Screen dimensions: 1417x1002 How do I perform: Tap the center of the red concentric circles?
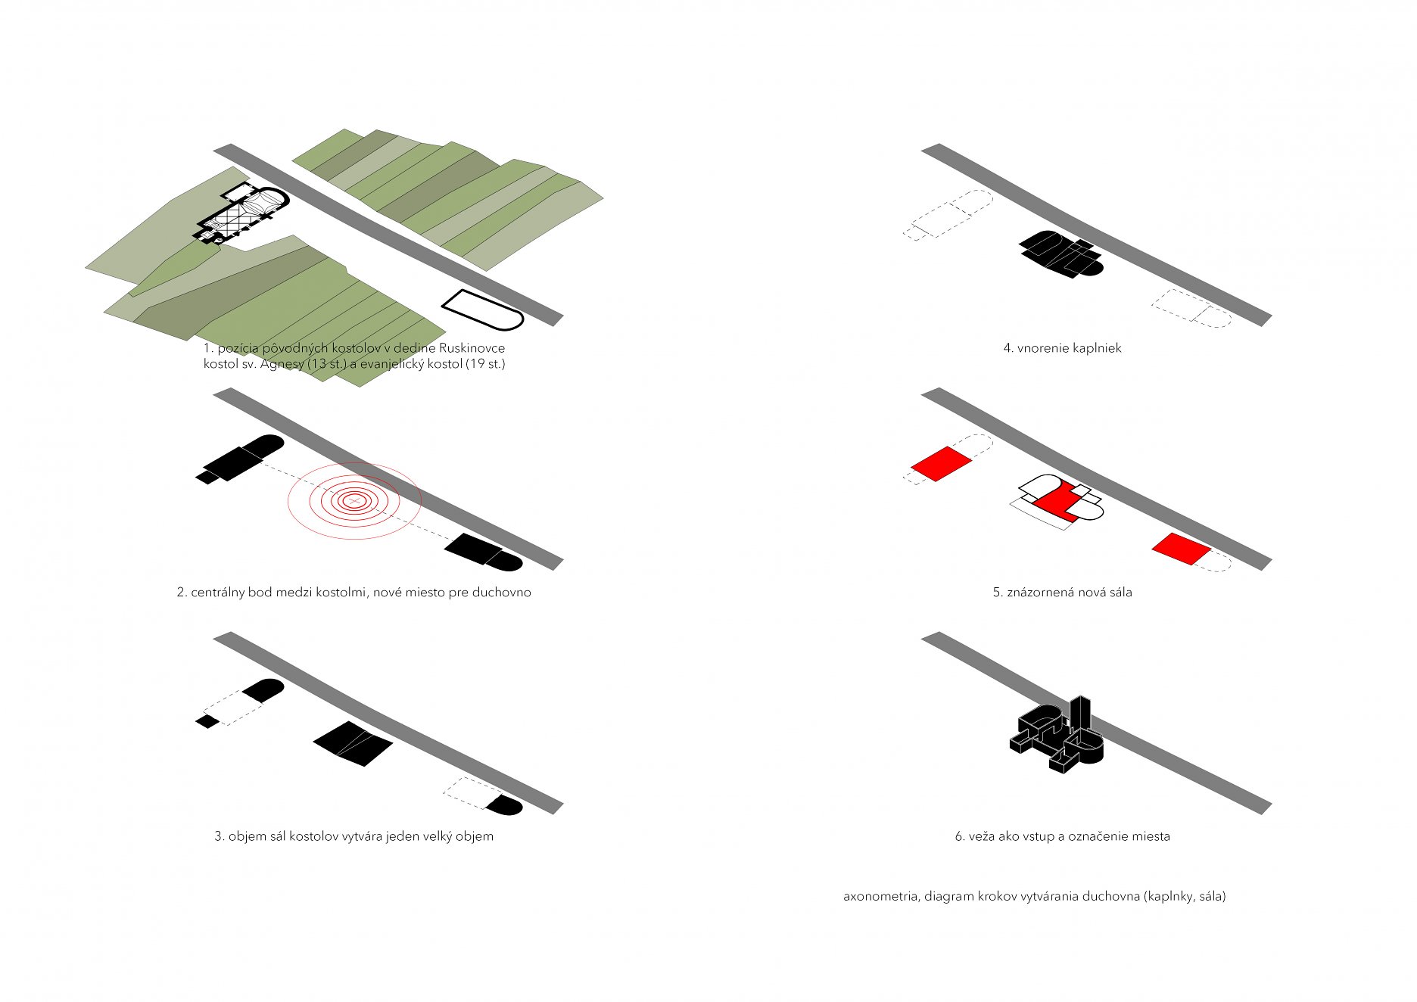click(x=353, y=500)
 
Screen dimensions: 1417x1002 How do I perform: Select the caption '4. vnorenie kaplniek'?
click(x=1062, y=348)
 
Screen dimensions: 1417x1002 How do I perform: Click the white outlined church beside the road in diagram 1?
click(x=483, y=310)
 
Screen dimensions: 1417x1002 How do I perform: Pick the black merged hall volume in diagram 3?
click(x=353, y=743)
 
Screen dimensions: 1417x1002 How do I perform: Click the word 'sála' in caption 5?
click(x=1120, y=593)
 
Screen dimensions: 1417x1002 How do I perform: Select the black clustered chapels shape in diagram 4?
click(x=1060, y=254)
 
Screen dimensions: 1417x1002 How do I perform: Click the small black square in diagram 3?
click(x=207, y=721)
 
